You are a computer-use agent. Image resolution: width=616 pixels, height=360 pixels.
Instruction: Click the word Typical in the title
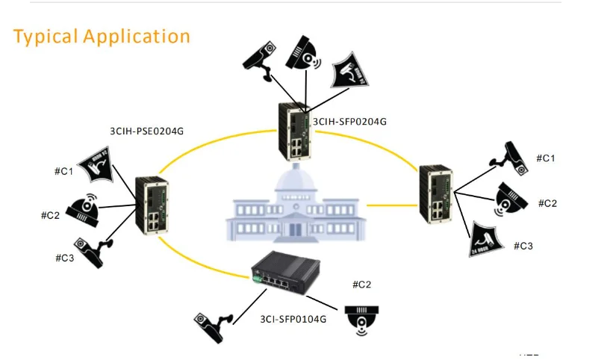click(x=46, y=36)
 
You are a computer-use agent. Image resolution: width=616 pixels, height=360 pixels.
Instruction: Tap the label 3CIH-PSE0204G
click(x=146, y=131)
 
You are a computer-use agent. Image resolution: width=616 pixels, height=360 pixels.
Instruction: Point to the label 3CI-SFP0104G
click(x=293, y=319)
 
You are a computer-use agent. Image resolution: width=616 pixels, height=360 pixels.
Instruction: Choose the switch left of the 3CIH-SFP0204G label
click(x=294, y=128)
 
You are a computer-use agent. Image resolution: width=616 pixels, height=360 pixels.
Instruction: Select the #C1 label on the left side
click(x=64, y=172)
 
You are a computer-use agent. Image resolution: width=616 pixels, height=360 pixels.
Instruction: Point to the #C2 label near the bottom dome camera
click(x=361, y=285)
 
